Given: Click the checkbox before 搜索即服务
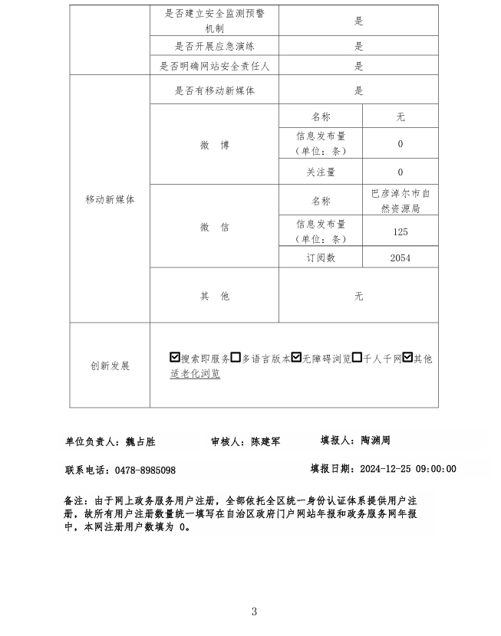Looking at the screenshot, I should (175, 358).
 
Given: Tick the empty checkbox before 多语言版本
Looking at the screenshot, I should (236, 358).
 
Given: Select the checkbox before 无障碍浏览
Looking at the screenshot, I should (295, 358).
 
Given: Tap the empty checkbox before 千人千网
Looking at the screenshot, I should (358, 358).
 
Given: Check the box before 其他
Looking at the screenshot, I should (407, 358).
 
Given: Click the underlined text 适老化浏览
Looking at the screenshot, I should (195, 374).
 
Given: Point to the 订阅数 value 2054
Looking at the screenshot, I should (400, 258).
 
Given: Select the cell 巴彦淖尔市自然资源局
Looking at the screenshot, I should (400, 201).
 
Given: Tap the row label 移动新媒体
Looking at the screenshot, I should (110, 199).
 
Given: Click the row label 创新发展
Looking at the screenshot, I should (110, 366).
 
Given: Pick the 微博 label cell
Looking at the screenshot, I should (214, 145).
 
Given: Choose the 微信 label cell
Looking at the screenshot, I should (214, 227).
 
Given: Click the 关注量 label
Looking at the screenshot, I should (321, 172).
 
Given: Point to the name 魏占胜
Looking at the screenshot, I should (140, 442).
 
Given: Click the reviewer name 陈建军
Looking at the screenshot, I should (265, 442).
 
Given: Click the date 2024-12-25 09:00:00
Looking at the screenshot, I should (407, 469).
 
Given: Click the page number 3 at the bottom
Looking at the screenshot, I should (254, 611).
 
